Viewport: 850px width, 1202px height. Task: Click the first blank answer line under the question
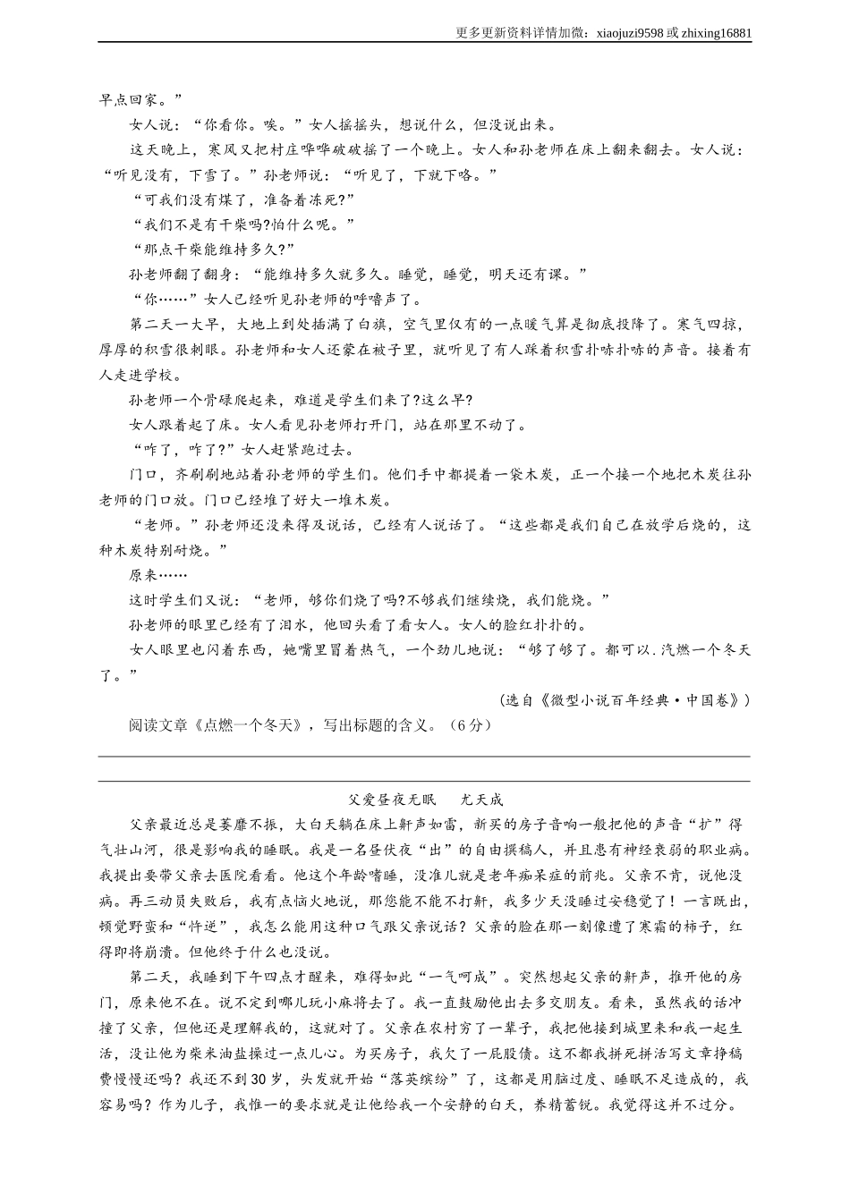pyautogui.click(x=424, y=756)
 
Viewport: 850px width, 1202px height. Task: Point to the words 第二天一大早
pyautogui.click(x=174, y=325)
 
